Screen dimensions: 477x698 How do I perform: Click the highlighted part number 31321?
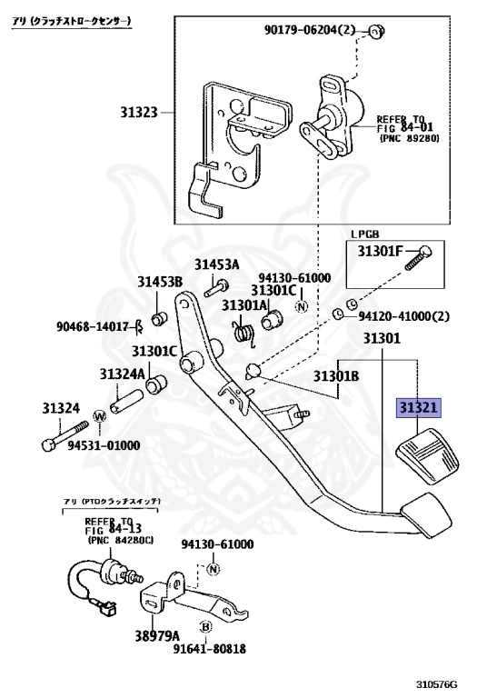tap(418, 407)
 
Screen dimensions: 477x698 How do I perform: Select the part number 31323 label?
tap(139, 112)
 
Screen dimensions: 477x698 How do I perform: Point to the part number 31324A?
tap(122, 374)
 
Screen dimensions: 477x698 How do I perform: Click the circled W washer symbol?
tap(100, 416)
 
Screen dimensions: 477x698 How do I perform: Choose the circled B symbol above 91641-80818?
tap(205, 627)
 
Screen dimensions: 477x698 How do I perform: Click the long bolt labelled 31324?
tap(65, 434)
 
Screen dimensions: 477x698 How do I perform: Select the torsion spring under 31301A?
tap(244, 333)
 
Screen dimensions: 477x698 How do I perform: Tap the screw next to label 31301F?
tap(418, 258)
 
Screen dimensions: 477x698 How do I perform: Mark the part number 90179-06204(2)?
tap(310, 30)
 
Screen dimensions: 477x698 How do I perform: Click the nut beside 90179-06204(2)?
tap(376, 31)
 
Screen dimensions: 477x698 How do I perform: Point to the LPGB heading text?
tap(365, 234)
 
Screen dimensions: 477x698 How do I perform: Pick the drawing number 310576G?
tap(436, 684)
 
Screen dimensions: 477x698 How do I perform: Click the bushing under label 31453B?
tap(160, 319)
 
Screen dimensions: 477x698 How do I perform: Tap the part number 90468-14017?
tap(93, 327)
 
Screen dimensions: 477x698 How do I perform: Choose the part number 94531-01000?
tap(104, 445)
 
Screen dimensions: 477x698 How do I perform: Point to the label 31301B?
tap(336, 376)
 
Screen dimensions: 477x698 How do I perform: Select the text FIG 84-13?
tap(114, 529)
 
